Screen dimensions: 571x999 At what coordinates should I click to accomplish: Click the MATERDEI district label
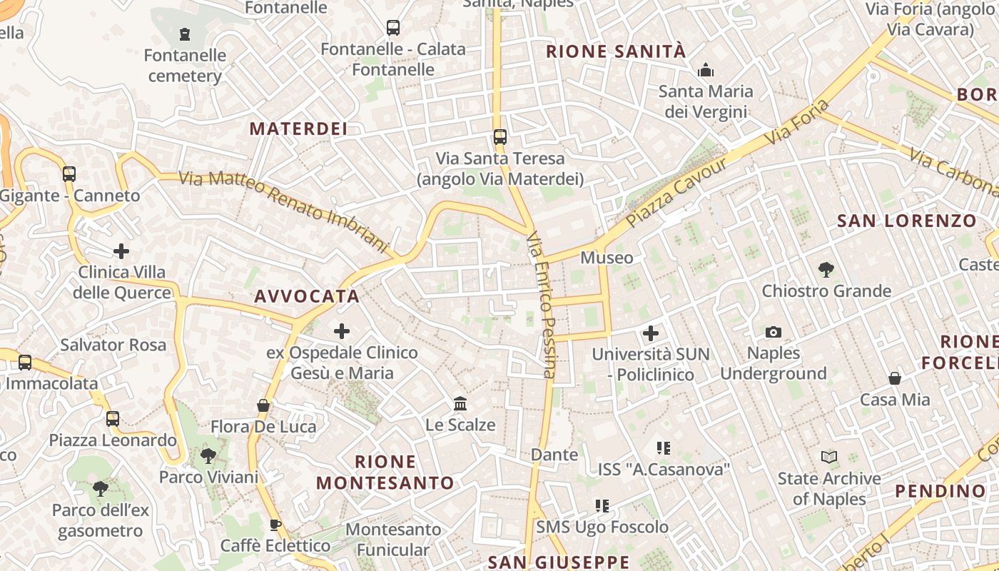[298, 128]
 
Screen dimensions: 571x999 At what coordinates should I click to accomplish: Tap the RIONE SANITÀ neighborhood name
[616, 51]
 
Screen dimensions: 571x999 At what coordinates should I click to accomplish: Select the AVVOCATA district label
[306, 296]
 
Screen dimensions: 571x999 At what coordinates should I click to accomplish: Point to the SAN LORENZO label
[906, 221]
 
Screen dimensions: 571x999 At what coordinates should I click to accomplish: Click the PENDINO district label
[940, 491]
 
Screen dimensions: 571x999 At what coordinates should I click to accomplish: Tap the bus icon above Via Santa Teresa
[499, 136]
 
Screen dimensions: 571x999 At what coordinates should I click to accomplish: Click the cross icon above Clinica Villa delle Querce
[121, 251]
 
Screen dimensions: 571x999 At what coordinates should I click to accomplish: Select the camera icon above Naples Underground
[773, 332]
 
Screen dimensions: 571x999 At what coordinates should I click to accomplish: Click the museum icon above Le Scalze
[460, 404]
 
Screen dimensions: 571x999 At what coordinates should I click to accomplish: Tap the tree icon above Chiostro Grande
[826, 270]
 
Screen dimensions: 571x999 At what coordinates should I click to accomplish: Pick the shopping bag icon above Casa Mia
[895, 378]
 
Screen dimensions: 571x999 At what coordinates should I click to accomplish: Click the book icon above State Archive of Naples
[829, 457]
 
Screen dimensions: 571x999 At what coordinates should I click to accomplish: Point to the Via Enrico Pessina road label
[541, 303]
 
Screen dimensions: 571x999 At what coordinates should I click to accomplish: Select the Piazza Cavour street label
[678, 192]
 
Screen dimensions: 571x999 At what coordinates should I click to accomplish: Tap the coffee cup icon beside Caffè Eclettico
[275, 525]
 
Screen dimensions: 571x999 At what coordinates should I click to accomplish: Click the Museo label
[607, 258]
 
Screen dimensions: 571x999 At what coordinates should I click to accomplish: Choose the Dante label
[554, 455]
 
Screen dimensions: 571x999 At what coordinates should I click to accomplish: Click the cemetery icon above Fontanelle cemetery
[185, 34]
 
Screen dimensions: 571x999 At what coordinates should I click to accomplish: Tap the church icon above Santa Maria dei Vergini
[706, 70]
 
